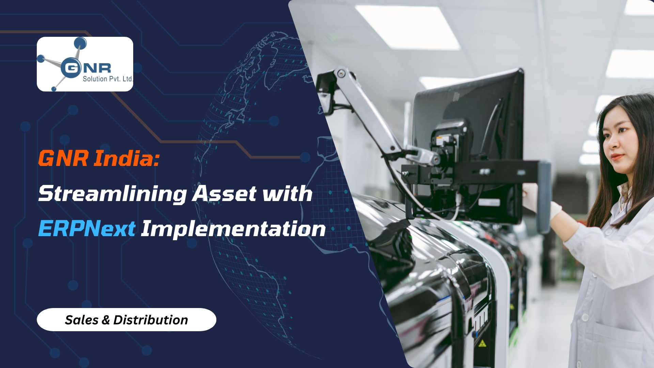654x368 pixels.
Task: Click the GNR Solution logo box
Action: [85, 64]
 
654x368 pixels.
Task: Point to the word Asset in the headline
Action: [224, 194]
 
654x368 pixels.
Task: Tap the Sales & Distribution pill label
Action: [126, 320]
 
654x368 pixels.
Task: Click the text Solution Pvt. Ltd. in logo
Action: [107, 79]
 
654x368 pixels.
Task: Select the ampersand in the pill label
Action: [106, 320]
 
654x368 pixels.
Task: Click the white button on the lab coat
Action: [585, 318]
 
